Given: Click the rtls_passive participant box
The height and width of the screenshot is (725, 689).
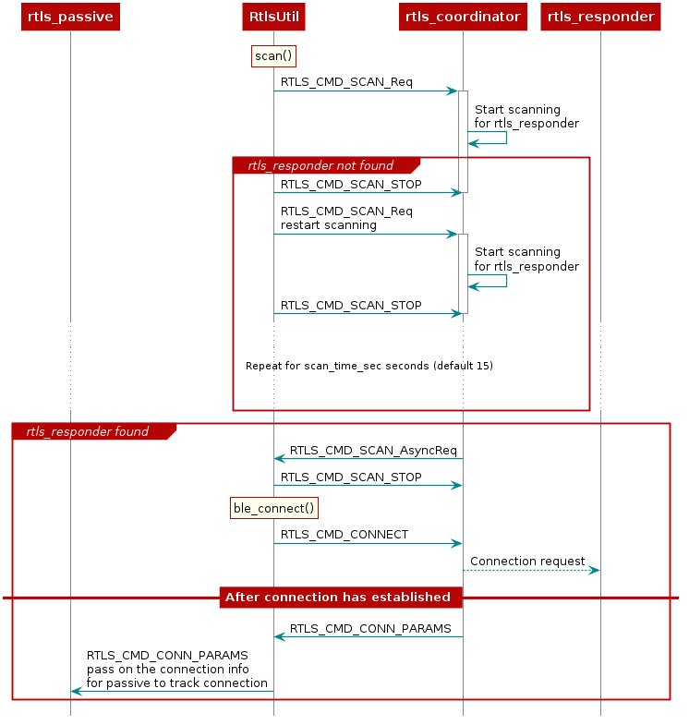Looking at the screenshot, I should [70, 17].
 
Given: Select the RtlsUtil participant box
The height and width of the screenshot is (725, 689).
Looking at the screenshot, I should [273, 17].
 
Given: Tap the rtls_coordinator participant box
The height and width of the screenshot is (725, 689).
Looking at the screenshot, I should [463, 17].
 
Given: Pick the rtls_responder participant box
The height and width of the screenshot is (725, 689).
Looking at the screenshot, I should [600, 17].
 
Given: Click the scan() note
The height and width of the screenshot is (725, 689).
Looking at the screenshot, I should [273, 56].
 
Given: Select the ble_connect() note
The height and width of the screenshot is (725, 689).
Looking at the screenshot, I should [274, 508].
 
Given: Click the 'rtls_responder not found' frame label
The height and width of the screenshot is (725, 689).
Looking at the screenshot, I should [320, 166].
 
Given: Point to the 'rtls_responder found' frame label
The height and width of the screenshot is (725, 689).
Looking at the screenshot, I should [87, 431].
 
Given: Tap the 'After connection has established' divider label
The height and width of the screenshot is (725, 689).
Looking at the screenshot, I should [339, 598].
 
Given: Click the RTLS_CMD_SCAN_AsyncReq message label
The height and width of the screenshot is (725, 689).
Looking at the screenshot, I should [373, 451].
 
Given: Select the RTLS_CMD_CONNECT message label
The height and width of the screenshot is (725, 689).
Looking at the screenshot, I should [344, 534].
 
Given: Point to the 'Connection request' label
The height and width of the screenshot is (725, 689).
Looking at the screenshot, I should [527, 561].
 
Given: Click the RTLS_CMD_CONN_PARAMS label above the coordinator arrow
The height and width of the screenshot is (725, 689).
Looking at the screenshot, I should [370, 628].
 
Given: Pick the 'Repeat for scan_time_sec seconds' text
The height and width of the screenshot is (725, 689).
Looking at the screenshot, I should [369, 366].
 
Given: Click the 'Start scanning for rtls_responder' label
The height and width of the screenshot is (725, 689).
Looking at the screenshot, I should [526, 260].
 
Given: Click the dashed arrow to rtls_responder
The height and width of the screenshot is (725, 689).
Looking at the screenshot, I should [531, 571].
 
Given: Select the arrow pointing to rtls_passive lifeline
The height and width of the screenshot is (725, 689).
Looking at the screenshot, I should [172, 691].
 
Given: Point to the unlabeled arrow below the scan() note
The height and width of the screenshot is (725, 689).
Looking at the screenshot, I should [365, 91].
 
